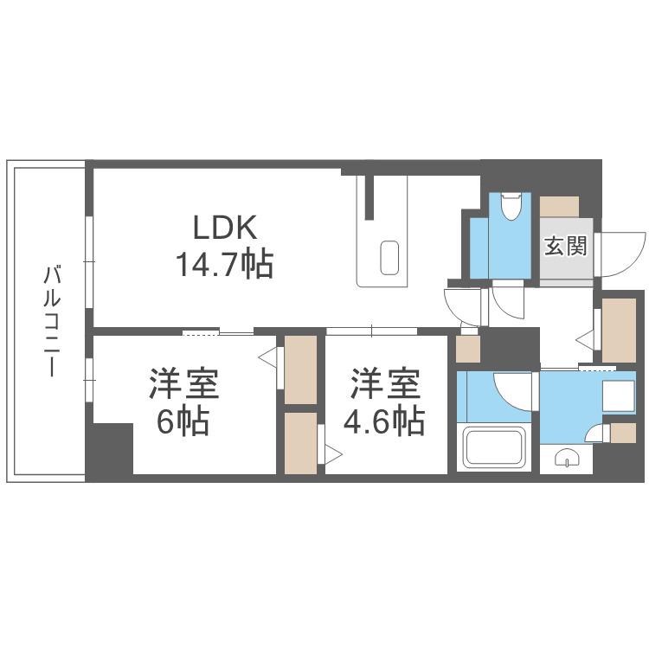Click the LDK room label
coord(225,227)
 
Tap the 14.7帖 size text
coord(225,264)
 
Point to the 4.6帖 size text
coord(384,421)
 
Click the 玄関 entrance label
coord(565,247)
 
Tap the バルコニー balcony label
coord(53,322)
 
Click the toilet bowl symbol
coord(510,207)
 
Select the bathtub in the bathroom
coord(493,448)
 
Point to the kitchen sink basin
coord(389,258)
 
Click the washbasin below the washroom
coord(567,459)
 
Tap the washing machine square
coord(619,396)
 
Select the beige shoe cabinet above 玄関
coord(559,206)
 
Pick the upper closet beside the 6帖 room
coord(300,369)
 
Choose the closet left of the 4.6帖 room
coord(300,443)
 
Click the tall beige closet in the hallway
coord(619,331)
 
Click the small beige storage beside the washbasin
coord(623,433)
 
